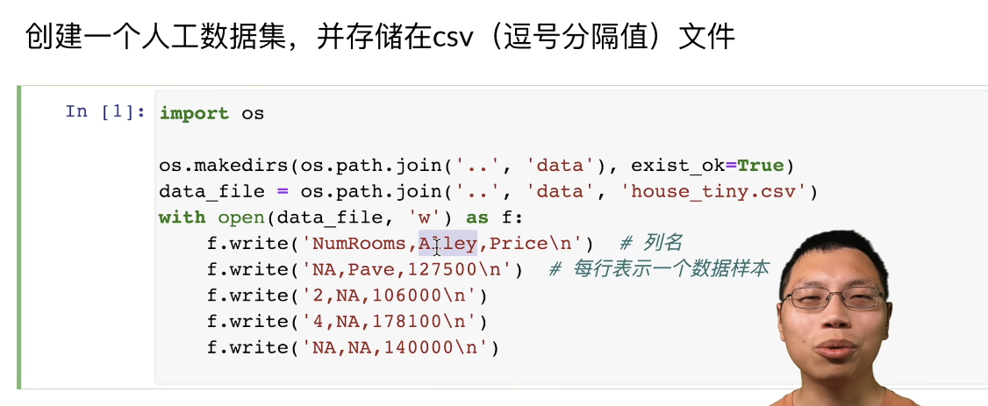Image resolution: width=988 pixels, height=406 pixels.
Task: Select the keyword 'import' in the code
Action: coord(194,114)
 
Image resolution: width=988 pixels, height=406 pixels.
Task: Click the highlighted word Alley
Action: coord(447,243)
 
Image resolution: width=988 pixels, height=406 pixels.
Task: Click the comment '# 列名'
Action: coord(650,243)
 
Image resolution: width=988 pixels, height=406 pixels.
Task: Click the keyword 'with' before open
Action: coord(182,217)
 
